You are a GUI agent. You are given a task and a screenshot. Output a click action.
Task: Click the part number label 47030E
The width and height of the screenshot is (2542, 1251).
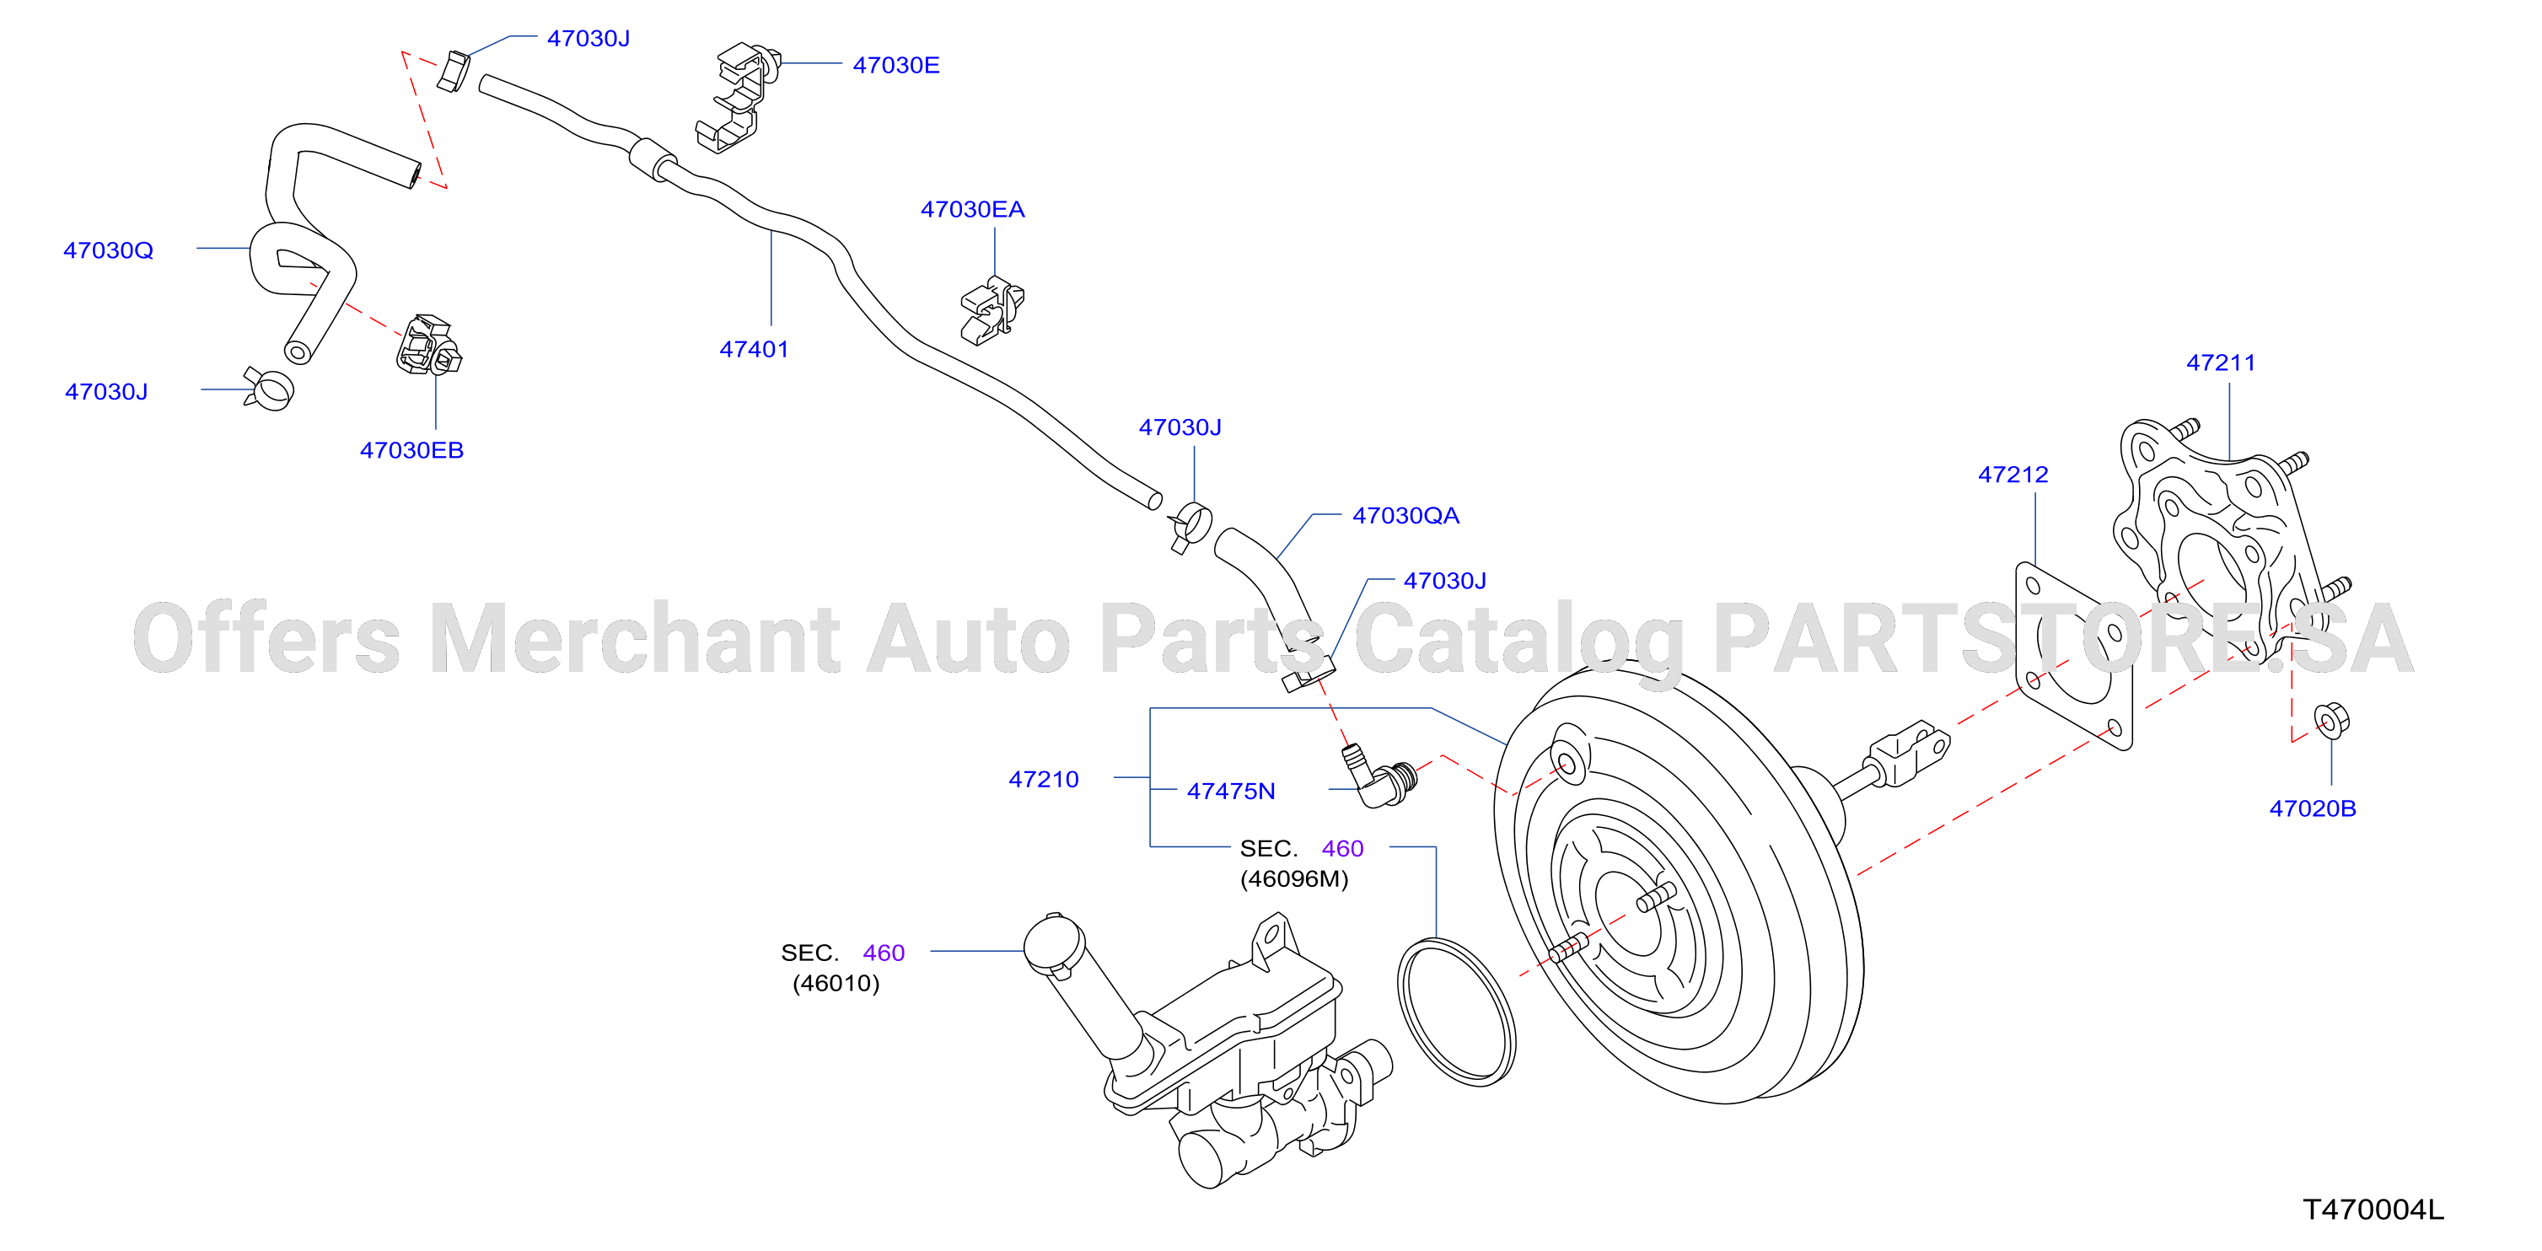(x=895, y=65)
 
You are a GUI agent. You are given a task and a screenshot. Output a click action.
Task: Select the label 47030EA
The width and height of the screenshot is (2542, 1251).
(x=972, y=209)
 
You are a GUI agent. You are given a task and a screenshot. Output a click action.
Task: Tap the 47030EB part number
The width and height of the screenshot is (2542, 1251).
(x=411, y=450)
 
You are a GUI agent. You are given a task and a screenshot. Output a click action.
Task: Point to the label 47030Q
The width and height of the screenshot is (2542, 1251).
(x=109, y=250)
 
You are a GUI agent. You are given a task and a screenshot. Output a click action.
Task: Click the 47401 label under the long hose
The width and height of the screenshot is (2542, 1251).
(x=754, y=348)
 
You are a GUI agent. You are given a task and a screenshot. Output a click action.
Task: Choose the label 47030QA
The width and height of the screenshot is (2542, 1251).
(x=1405, y=515)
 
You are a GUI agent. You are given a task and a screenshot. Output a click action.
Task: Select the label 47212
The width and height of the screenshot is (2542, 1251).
(x=2013, y=474)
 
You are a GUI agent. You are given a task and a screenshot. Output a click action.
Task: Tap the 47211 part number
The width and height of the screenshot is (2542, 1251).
(x=2222, y=362)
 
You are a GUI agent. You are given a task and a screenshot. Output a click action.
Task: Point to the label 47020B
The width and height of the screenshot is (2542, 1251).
(x=2312, y=808)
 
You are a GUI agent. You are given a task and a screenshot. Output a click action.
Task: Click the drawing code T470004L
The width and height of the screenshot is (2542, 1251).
(x=2373, y=1209)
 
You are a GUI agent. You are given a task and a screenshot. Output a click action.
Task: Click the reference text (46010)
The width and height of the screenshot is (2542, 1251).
(x=835, y=983)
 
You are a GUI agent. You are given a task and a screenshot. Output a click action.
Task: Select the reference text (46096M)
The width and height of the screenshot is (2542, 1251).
(x=1293, y=878)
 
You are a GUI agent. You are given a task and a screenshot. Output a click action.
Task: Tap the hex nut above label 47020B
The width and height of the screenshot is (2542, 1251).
(x=2331, y=719)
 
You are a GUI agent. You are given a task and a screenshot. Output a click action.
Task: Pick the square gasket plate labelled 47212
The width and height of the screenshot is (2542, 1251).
(x=2073, y=655)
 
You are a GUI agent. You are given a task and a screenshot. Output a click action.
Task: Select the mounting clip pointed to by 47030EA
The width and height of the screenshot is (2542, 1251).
(x=992, y=309)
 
